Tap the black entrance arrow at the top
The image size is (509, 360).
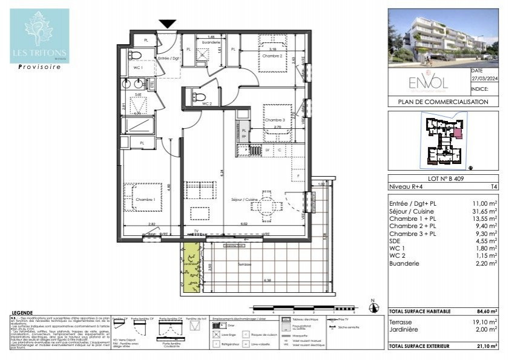click(168, 24)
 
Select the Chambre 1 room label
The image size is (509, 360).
click(145, 199)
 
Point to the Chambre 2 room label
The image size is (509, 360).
click(272, 56)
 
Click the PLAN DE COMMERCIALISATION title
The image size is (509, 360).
click(443, 102)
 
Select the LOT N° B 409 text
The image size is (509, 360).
click(443, 178)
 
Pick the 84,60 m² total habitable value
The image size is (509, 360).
click(484, 311)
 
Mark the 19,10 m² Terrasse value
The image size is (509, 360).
click(484, 321)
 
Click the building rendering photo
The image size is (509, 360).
click(443, 38)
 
